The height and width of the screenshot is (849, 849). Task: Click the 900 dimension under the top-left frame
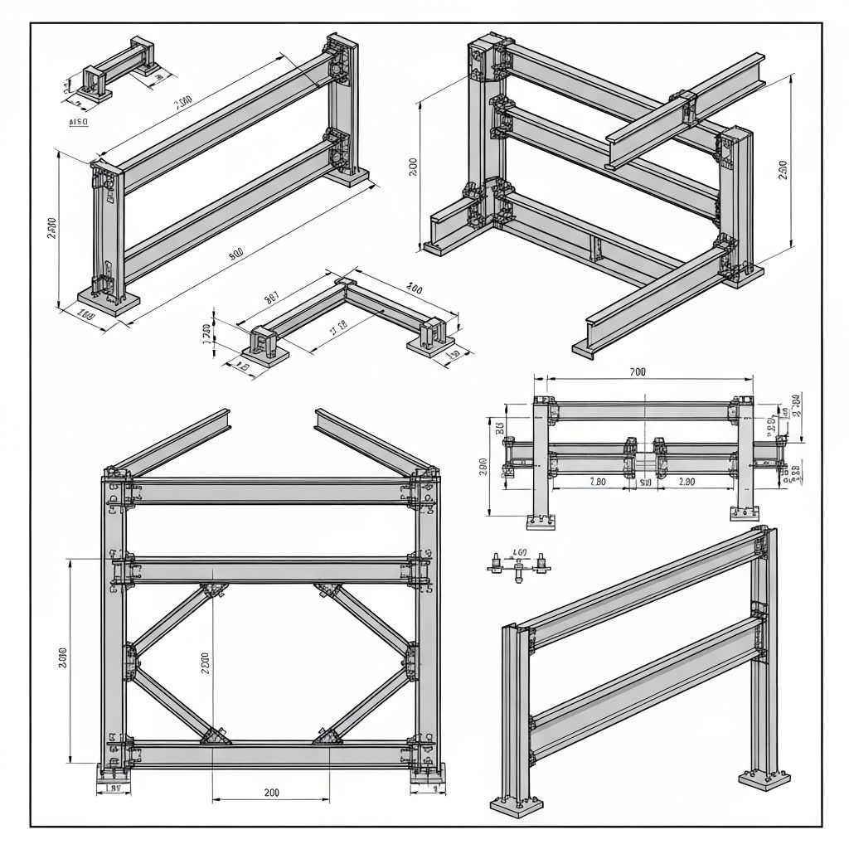tap(236, 255)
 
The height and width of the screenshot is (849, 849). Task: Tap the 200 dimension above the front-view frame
tap(638, 372)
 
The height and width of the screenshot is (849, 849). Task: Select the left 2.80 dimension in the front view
tap(597, 481)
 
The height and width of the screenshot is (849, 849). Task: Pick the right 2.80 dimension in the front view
tap(686, 481)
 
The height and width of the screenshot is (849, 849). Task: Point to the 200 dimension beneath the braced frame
tap(271, 793)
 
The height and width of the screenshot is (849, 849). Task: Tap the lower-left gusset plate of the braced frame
tap(216, 737)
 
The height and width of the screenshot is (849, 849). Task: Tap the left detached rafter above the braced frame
tap(170, 440)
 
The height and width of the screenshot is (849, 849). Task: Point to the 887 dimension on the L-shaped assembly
tap(271, 294)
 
